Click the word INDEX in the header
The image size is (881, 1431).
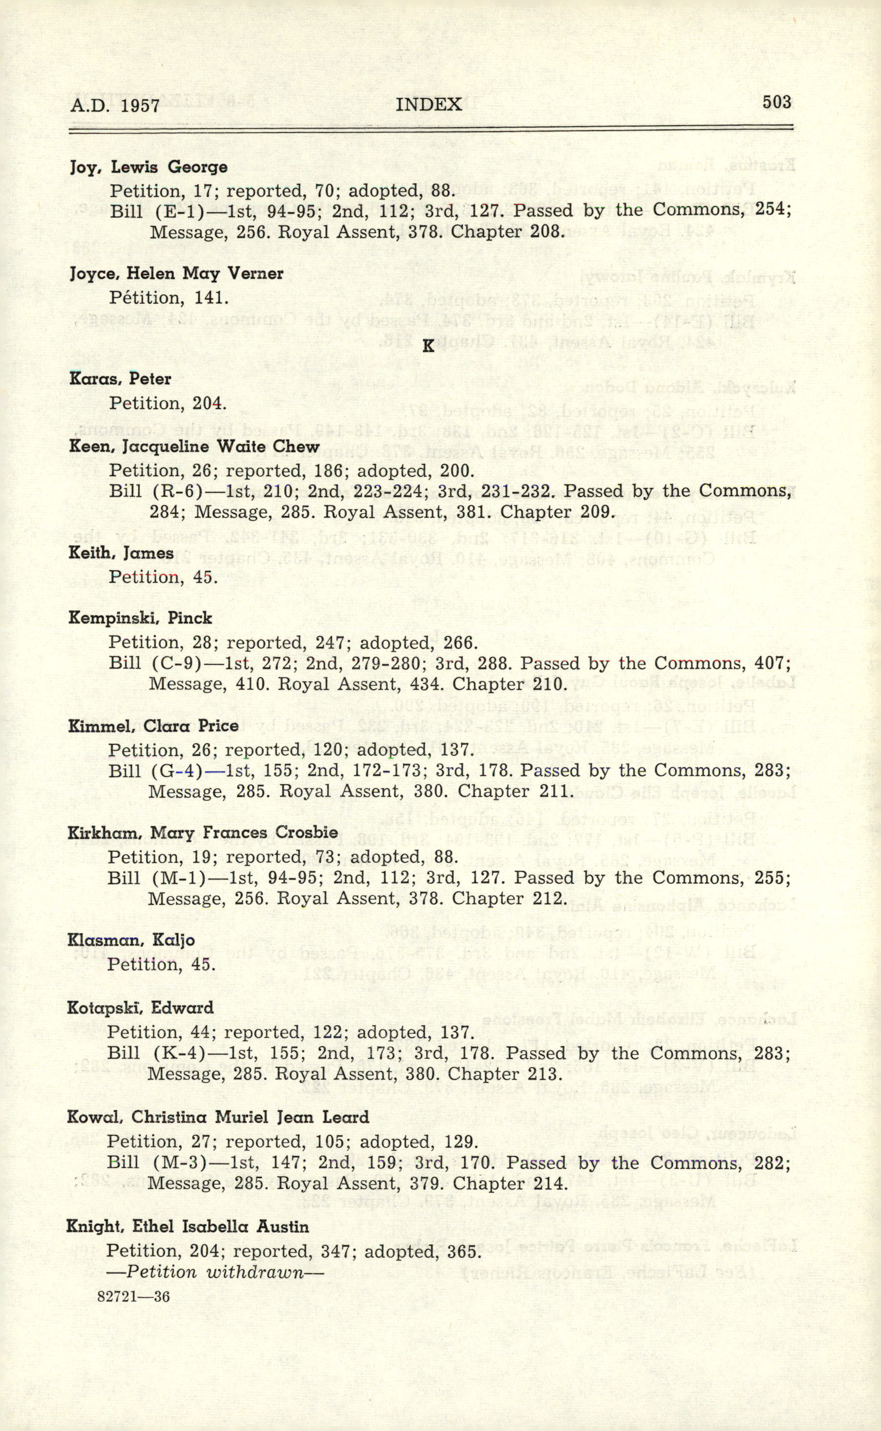click(x=428, y=105)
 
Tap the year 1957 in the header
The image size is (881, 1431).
click(x=141, y=106)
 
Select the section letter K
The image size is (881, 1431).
click(x=428, y=346)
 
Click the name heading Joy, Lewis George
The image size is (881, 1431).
click(x=148, y=168)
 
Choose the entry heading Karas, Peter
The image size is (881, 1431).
click(x=120, y=379)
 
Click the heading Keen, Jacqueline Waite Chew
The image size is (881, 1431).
click(x=194, y=447)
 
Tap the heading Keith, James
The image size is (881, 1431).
click(x=121, y=553)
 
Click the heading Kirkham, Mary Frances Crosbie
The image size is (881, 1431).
click(x=203, y=833)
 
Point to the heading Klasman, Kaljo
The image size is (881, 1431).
click(x=131, y=940)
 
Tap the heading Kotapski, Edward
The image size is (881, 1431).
click(x=141, y=1008)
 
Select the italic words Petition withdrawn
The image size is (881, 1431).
click(x=215, y=1272)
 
